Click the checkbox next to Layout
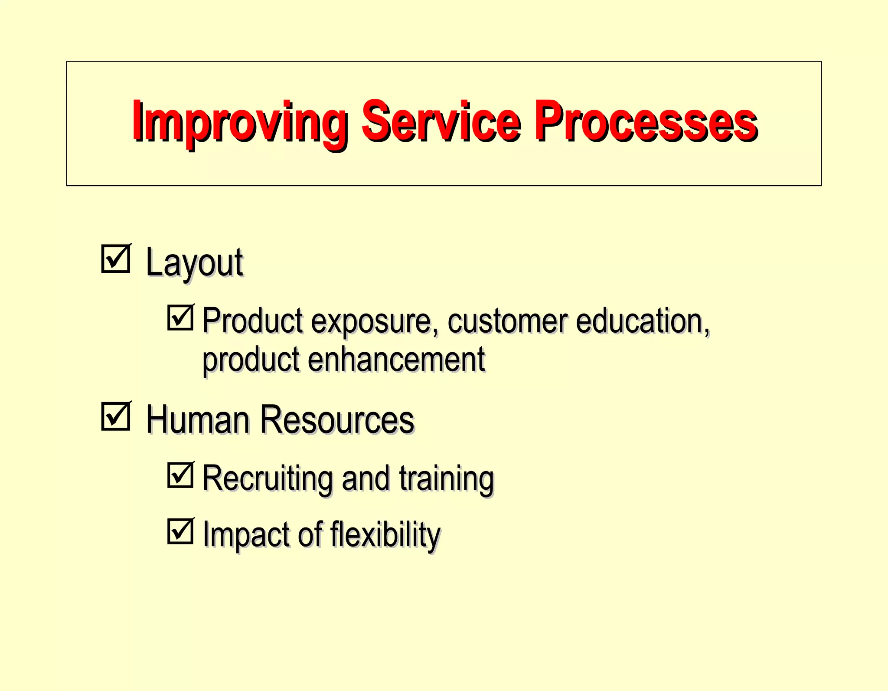[x=116, y=259]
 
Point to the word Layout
[x=194, y=263]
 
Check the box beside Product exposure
[x=180, y=318]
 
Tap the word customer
[x=507, y=321]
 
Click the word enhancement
[x=396, y=360]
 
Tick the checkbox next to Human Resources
[x=116, y=417]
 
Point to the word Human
[x=198, y=419]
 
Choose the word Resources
[x=337, y=419]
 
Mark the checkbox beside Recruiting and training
[x=180, y=475]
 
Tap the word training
[x=446, y=479]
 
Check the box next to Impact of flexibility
[x=180, y=531]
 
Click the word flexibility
[x=385, y=535]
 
